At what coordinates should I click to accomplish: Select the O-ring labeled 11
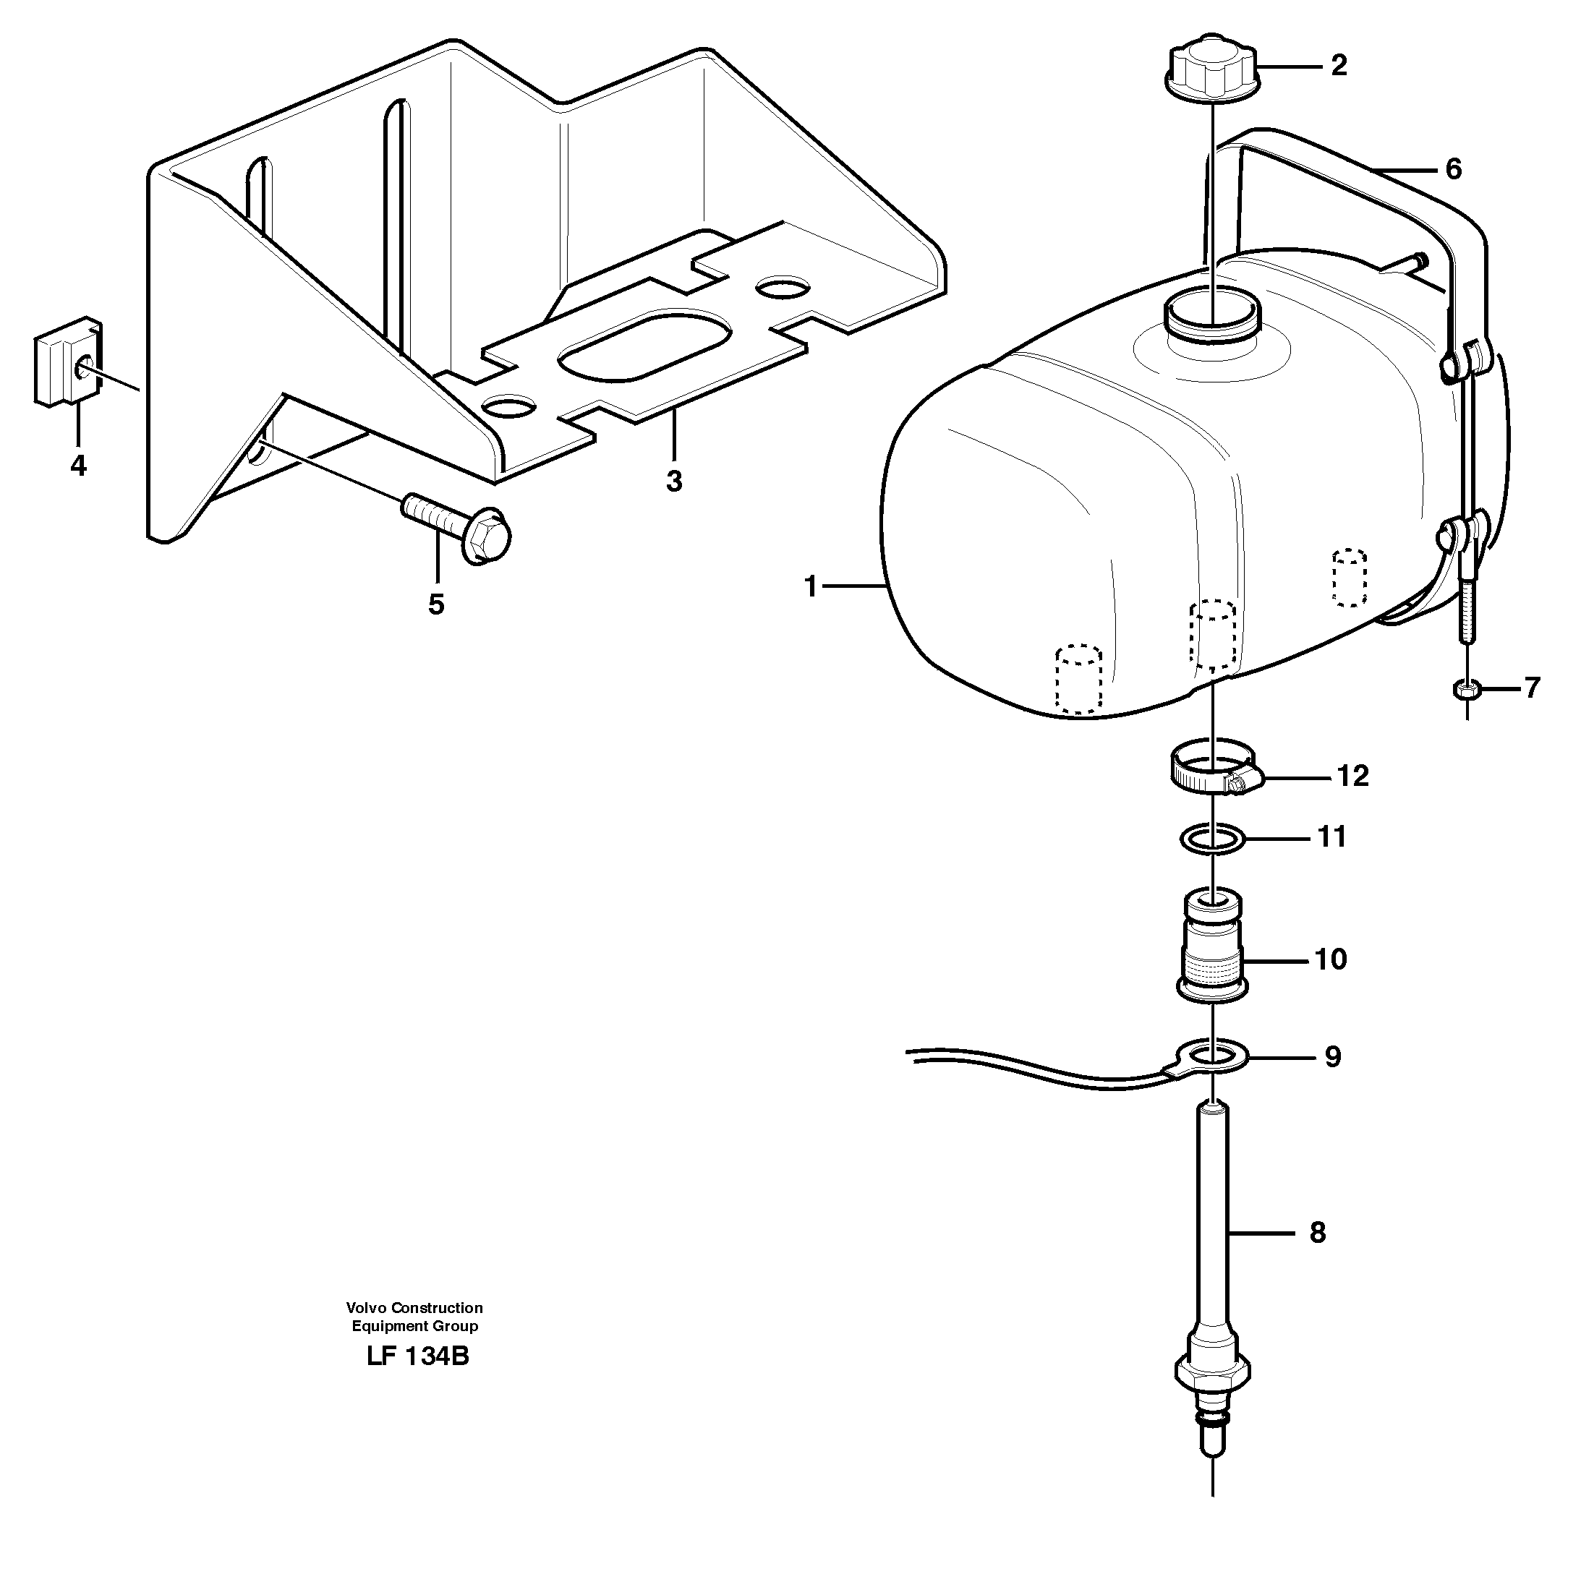(x=1211, y=840)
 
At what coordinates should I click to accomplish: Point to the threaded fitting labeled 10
(x=1211, y=944)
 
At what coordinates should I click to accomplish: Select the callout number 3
(x=674, y=482)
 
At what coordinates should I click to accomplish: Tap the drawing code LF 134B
(x=417, y=1356)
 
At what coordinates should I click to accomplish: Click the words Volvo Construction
(x=414, y=1308)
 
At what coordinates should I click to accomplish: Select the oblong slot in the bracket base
(x=645, y=346)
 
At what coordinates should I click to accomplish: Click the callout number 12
(x=1352, y=776)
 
